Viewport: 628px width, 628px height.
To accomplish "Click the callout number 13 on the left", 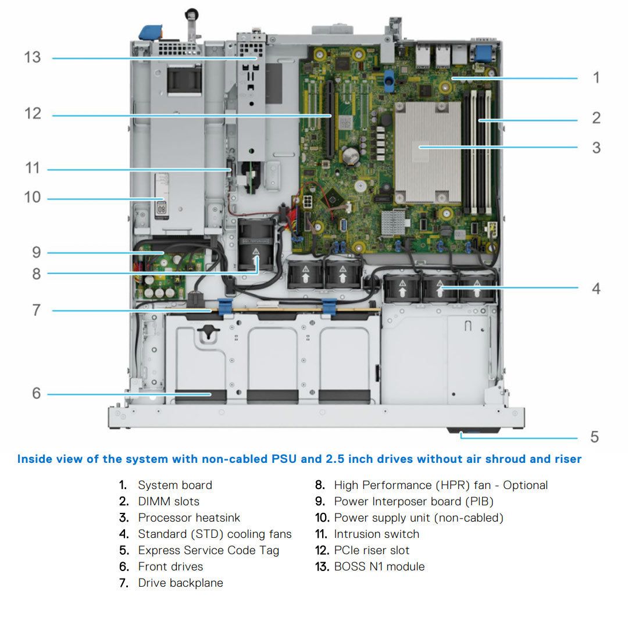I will (x=33, y=58).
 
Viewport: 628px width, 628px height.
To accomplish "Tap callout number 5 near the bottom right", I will (x=594, y=437).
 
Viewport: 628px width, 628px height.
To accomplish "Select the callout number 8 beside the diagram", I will (x=36, y=273).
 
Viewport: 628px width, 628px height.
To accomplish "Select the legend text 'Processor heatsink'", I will (x=188, y=518).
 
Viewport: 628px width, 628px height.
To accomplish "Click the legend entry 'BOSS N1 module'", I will (x=379, y=566).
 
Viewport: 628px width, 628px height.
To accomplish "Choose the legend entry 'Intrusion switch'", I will (x=376, y=534).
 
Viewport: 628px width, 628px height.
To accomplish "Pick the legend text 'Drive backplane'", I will (x=180, y=583).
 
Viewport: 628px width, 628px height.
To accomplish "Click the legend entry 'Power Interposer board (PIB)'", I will (x=413, y=501).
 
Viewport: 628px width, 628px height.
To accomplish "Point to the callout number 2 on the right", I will (x=596, y=118).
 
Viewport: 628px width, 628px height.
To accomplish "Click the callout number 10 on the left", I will (x=33, y=198).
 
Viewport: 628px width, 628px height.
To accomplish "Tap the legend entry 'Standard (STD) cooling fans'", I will (x=215, y=534).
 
